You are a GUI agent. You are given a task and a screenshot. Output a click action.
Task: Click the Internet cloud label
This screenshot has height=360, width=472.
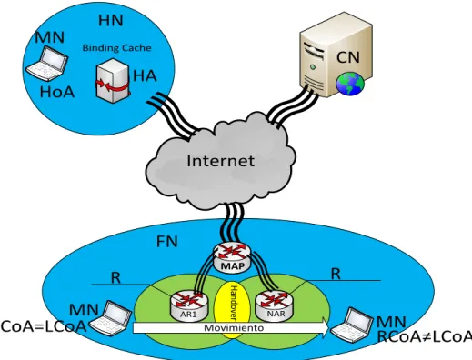coord(220,160)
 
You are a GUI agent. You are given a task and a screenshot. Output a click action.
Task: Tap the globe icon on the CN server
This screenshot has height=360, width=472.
coord(350,84)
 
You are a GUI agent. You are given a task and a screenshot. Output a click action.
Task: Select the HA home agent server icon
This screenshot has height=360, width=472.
coord(113,81)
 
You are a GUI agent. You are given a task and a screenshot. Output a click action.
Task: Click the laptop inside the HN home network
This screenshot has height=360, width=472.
coord(46,64)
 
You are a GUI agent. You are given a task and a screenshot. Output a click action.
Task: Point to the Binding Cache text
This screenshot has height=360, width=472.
coord(116,48)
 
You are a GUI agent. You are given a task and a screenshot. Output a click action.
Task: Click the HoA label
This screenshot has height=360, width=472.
coord(57,92)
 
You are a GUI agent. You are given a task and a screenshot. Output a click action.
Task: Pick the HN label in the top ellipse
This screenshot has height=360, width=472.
coord(111,21)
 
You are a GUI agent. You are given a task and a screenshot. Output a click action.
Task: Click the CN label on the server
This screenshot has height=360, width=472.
coord(348,57)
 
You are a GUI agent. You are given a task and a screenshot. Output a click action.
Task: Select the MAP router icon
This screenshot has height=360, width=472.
coord(232,258)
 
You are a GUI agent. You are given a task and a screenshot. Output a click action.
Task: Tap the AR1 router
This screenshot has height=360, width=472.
coord(189,305)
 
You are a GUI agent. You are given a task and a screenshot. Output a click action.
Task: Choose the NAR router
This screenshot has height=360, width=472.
coord(275,305)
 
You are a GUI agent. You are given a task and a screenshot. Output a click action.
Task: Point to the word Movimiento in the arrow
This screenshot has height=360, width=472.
coord(234,327)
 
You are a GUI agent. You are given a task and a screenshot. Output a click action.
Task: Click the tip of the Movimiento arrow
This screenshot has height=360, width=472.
coord(329,327)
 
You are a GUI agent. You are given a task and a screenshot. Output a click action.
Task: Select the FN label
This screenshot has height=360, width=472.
coord(167,242)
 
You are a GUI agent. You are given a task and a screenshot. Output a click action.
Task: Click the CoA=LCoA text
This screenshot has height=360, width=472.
coord(44,326)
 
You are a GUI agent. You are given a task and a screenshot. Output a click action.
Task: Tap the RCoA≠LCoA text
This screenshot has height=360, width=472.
coord(425,336)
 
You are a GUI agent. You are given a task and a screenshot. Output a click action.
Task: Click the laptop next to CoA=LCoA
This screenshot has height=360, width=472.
coord(110,318)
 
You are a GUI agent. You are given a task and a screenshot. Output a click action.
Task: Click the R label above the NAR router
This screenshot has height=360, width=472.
coord(336,274)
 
